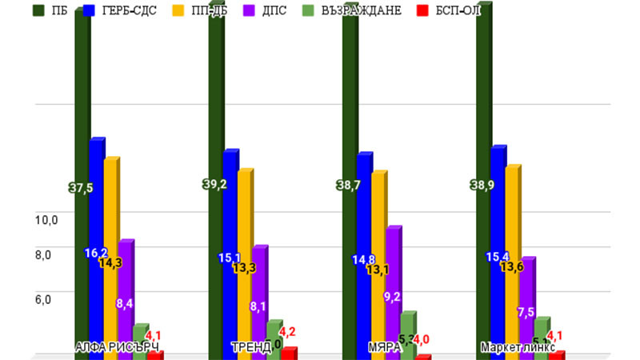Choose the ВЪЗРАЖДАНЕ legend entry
point(363,10)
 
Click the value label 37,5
point(81,188)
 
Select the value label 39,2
point(214,184)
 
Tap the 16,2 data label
point(97,253)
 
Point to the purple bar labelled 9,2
point(392,272)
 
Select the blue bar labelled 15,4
point(497,240)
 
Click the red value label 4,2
point(287,331)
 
